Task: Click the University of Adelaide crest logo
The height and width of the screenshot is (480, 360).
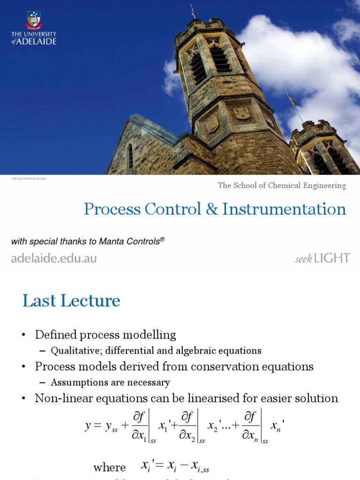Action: [x=33, y=20]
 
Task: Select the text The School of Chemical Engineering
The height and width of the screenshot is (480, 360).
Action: [x=282, y=186]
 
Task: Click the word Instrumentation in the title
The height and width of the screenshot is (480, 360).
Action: [x=285, y=209]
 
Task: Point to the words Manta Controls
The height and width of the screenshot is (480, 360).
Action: [x=136, y=241]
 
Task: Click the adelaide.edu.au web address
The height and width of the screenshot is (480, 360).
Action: [x=54, y=258]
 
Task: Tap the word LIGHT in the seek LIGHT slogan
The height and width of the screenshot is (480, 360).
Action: [x=332, y=258]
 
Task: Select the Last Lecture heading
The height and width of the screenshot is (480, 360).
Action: [x=71, y=301]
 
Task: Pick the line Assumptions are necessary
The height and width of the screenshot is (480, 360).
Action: [x=110, y=382]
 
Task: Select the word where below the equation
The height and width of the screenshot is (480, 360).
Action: [x=110, y=467]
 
